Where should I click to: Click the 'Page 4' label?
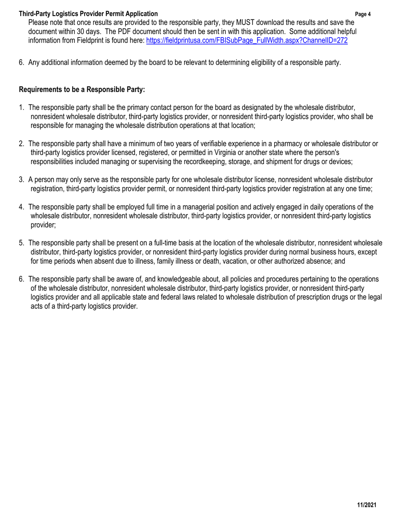[x=363, y=14]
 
